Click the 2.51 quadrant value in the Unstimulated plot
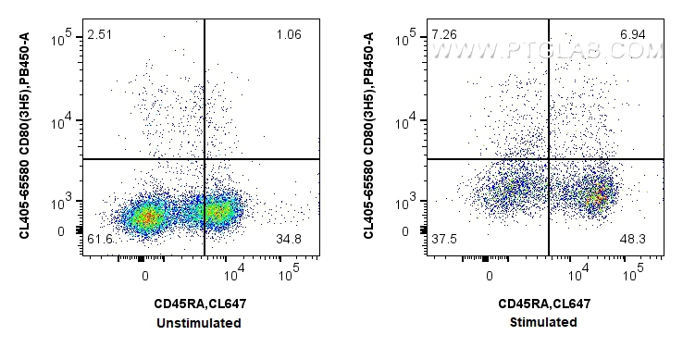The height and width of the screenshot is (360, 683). pos(99,36)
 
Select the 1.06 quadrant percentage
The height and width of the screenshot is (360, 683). pos(289,36)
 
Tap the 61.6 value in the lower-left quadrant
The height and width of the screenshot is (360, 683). pos(99,241)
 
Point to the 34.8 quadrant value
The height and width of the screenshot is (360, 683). pos(289,241)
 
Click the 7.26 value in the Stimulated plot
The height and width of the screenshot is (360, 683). pos(443,36)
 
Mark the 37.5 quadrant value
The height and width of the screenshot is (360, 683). pos(443,241)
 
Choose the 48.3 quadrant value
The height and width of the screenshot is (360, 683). pos(633,241)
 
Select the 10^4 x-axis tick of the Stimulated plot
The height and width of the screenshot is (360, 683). pos(581,273)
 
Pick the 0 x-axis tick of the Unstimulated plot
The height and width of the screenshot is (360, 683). pos(144,276)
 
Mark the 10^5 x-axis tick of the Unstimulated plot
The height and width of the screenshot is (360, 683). pos(290,273)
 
